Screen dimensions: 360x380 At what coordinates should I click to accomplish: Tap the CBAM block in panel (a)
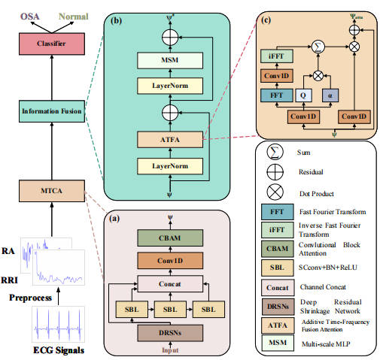click(170, 239)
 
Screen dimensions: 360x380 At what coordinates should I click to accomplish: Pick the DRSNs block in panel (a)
click(170, 333)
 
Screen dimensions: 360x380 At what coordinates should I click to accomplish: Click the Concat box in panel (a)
click(170, 283)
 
